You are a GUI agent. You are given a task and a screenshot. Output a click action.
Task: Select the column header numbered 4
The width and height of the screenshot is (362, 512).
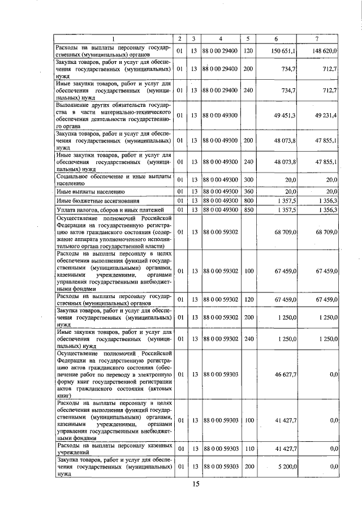[220, 39]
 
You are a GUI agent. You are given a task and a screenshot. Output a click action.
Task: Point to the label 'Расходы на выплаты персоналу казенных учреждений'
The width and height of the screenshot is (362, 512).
[113, 449]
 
